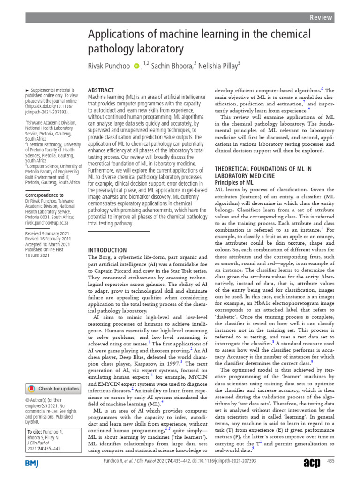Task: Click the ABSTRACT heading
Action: pos(101,90)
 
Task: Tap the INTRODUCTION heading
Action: pos(107,250)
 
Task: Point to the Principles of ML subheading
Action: pos(234,182)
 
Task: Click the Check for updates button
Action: pos(53,388)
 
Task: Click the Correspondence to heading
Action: pos(45,195)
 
